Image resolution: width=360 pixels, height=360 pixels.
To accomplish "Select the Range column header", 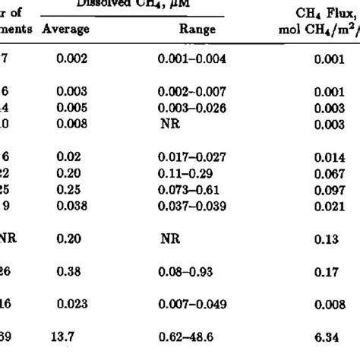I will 198,30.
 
